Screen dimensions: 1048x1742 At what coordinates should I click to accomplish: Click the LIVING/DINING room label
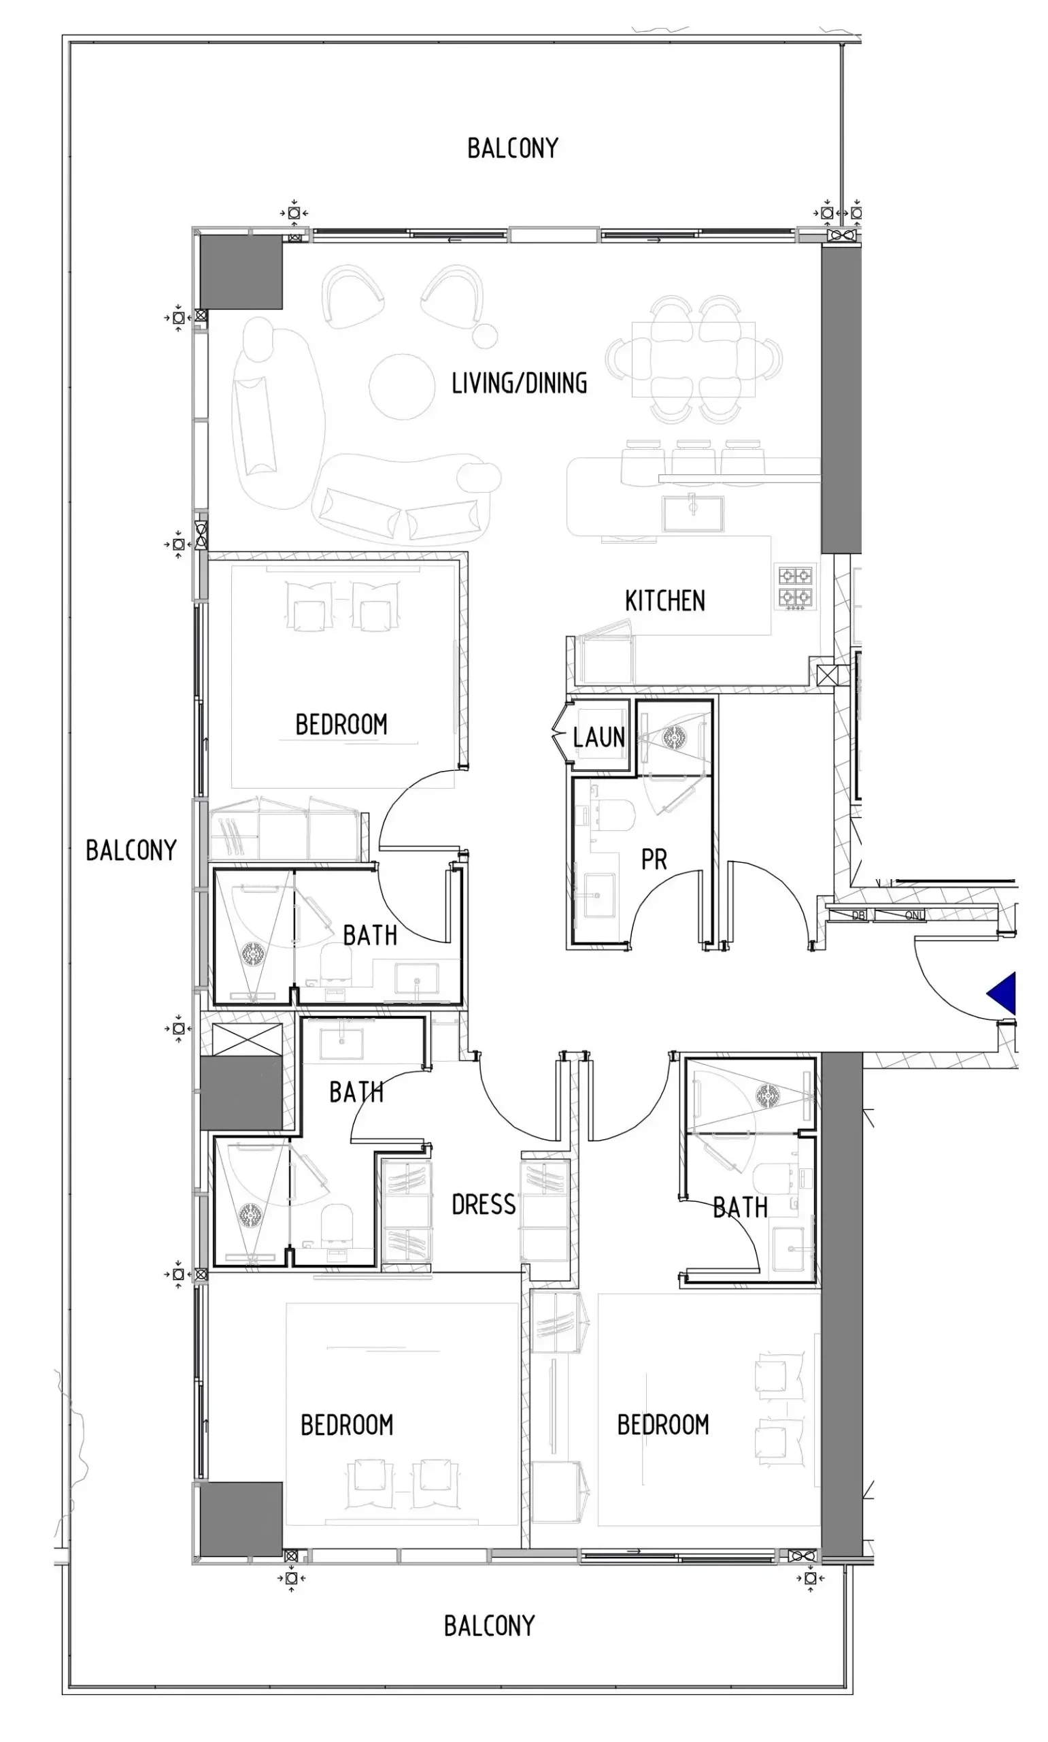pyautogui.click(x=519, y=384)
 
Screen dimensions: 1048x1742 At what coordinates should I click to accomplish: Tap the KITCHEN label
pyautogui.click(x=664, y=601)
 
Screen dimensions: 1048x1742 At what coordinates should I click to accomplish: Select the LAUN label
pyautogui.click(x=599, y=738)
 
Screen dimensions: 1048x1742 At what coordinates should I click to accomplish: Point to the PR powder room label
pyautogui.click(x=654, y=859)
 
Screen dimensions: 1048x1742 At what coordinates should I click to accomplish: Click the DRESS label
pyautogui.click(x=484, y=1204)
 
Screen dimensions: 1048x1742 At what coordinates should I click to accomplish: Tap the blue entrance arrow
pyautogui.click(x=1002, y=993)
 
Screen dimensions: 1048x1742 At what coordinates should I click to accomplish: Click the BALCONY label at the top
pyautogui.click(x=513, y=148)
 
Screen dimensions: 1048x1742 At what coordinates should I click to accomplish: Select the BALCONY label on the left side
pyautogui.click(x=131, y=851)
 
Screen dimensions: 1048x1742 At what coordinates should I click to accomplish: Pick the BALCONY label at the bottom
pyautogui.click(x=490, y=1626)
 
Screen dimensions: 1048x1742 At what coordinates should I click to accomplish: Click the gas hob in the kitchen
pyautogui.click(x=796, y=587)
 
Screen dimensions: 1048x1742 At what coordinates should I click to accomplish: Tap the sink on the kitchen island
pyautogui.click(x=693, y=514)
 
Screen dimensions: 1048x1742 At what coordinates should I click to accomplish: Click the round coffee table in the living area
pyautogui.click(x=402, y=387)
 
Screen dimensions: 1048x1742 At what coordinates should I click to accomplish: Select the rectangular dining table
pyautogui.click(x=694, y=359)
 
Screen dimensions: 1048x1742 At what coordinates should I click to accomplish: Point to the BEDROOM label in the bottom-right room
pyautogui.click(x=663, y=1425)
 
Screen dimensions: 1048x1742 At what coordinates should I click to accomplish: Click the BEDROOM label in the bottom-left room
pyautogui.click(x=347, y=1425)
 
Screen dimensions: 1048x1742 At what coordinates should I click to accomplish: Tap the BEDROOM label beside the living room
pyautogui.click(x=341, y=725)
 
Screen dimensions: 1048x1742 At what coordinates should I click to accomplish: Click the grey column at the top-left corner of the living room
pyautogui.click(x=241, y=272)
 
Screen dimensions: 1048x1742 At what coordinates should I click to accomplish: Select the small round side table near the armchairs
pyautogui.click(x=485, y=336)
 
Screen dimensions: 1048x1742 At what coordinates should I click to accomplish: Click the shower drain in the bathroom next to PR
pyautogui.click(x=674, y=738)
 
